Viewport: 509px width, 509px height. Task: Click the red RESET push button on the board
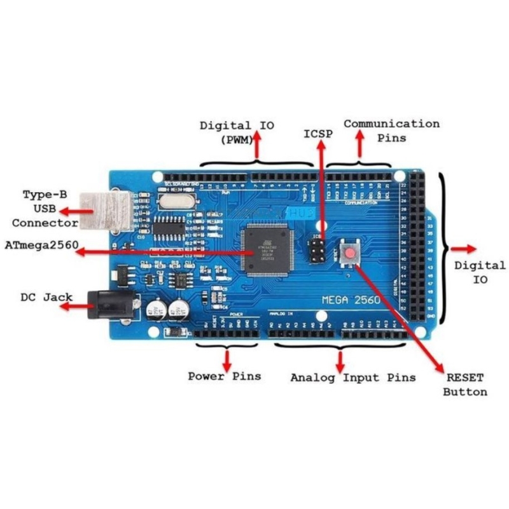[350, 254]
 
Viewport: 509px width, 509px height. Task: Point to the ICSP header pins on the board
[316, 253]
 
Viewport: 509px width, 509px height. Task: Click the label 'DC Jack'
[46, 296]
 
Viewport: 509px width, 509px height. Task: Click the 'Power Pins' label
[224, 376]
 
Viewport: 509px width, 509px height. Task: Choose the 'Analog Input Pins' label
[353, 377]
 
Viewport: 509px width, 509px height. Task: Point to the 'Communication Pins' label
[392, 130]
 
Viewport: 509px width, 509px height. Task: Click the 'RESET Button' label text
[466, 384]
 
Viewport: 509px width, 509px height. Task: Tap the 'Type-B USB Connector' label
[45, 208]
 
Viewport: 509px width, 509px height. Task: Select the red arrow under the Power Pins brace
[227, 358]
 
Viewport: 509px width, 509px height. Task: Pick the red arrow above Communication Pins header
[360, 144]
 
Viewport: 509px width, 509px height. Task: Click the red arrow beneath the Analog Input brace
[341, 361]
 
